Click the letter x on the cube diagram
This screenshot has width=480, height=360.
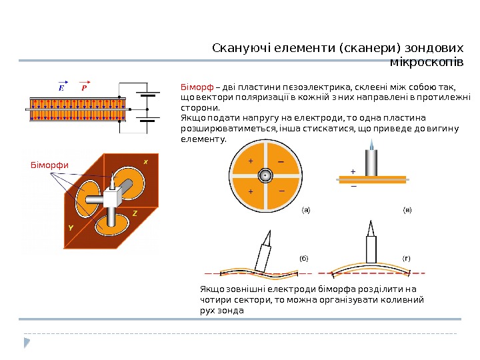[146, 161]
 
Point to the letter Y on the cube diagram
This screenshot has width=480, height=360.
[70, 227]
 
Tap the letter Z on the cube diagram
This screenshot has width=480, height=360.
[134, 213]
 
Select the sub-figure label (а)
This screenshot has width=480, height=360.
[306, 211]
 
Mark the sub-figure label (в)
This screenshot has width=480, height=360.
[407, 211]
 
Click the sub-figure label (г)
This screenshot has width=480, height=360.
[407, 257]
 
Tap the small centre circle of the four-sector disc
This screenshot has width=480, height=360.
[265, 175]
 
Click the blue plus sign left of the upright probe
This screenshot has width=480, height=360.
[353, 171]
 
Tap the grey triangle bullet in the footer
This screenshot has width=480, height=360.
[27, 343]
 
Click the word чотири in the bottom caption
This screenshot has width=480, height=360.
[215, 301]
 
